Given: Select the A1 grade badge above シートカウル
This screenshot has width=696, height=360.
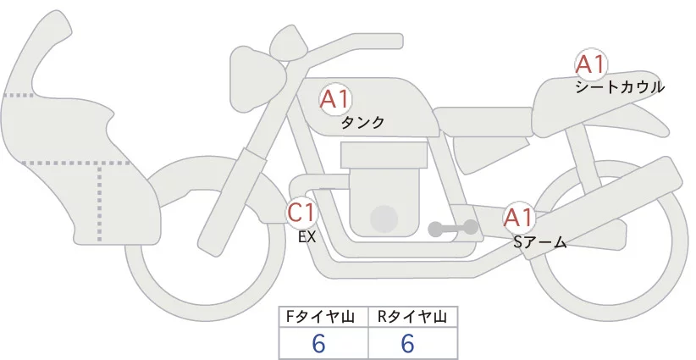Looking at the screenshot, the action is click(x=590, y=64).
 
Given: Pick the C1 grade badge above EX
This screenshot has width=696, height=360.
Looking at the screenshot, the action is click(x=301, y=211).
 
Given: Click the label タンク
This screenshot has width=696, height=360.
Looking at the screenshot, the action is click(x=362, y=123).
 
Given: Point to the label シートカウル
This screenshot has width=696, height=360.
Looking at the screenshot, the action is click(x=619, y=86).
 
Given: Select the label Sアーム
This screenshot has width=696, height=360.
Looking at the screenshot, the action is click(x=539, y=242).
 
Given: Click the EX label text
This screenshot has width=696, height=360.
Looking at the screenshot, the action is click(x=307, y=237).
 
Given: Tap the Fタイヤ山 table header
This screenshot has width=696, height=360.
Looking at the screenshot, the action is click(x=323, y=317).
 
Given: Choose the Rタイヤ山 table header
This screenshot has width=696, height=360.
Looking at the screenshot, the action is click(x=412, y=317).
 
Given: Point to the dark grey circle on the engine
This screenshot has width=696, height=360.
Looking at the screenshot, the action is click(x=385, y=219).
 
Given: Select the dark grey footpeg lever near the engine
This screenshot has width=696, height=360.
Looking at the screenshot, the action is click(x=453, y=228).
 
